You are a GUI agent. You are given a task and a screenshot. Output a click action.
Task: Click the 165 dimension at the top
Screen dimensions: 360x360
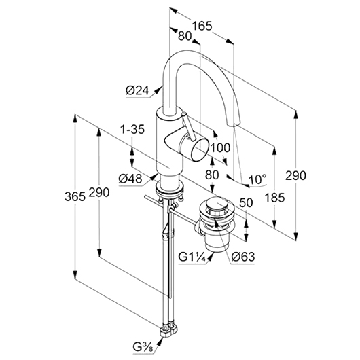coord(202,26)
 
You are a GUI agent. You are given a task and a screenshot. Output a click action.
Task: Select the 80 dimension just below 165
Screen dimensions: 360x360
coord(185,36)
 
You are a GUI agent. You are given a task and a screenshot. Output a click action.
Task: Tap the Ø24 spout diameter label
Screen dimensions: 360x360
coord(137,90)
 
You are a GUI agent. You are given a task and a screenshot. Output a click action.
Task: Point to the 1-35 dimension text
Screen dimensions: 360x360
coord(132,130)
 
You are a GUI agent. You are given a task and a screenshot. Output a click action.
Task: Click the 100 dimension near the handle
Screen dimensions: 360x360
coord(220,147)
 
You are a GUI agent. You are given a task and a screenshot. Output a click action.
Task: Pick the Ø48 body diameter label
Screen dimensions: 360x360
coord(130,179)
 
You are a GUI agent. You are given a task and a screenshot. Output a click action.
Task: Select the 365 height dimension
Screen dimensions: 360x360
coord(75,196)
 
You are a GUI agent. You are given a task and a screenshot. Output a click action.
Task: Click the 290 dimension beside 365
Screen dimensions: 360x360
coord(99,192)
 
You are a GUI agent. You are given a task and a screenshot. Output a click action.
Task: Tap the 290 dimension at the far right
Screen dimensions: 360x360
coord(295,176)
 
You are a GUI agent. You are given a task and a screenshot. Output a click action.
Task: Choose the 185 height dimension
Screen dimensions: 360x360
coord(274,198)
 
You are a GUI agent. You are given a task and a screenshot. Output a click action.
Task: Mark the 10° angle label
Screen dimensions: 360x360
coord(257,179)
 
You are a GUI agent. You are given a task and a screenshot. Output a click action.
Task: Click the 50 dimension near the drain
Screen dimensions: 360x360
coord(246,202)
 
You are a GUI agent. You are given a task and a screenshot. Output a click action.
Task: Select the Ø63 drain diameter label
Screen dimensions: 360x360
coord(243,257)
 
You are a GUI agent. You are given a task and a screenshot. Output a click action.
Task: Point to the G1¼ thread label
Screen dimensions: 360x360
coord(192,257)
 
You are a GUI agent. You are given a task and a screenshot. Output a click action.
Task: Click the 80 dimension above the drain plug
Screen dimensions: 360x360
coord(212,175)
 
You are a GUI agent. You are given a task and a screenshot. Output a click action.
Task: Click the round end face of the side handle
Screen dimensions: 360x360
coord(200,149)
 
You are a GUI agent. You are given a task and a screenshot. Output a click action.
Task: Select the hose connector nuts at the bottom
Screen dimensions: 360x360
coord(168,331)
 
